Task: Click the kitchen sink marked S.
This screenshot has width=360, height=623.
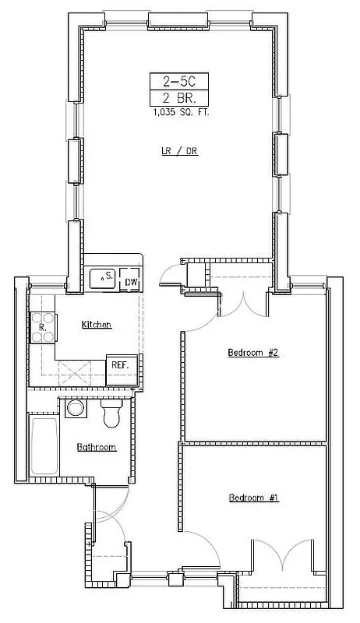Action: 103,277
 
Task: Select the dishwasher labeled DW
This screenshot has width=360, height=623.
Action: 131,282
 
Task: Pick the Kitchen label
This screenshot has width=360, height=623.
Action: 97,324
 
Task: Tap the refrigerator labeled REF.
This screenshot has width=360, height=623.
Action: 120,366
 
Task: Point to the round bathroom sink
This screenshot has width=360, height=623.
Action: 76,409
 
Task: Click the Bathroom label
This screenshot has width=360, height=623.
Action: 97,447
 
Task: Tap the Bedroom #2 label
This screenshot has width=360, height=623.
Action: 252,353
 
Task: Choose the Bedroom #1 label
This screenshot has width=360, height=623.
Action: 252,498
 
